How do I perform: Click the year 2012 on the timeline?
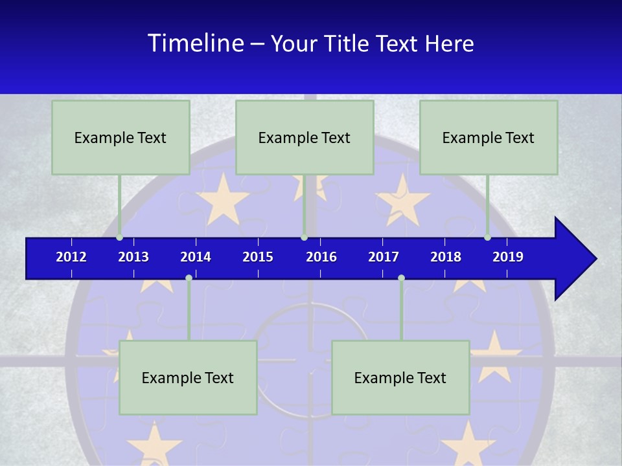pyautogui.click(x=71, y=257)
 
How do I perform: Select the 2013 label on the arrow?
pyautogui.click(x=133, y=257)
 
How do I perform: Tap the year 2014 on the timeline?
pyautogui.click(x=196, y=257)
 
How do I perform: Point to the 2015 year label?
pyautogui.click(x=258, y=257)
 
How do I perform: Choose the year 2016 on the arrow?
pyautogui.click(x=321, y=257)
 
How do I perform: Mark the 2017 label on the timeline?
pyautogui.click(x=384, y=257)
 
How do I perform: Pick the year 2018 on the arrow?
pyautogui.click(x=446, y=257)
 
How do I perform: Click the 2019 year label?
pyautogui.click(x=508, y=257)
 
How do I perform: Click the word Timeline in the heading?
pyautogui.click(x=195, y=43)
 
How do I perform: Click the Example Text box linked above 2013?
pyautogui.click(x=121, y=137)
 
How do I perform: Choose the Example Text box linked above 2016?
pyautogui.click(x=305, y=137)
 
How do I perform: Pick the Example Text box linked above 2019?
pyautogui.click(x=489, y=137)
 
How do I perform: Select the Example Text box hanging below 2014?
pyautogui.click(x=188, y=377)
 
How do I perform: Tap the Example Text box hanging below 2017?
pyautogui.click(x=400, y=377)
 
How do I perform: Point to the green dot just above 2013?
pyautogui.click(x=120, y=237)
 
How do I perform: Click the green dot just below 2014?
pyautogui.click(x=189, y=278)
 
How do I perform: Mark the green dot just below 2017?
pyautogui.click(x=401, y=278)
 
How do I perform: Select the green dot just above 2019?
pyautogui.click(x=488, y=237)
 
